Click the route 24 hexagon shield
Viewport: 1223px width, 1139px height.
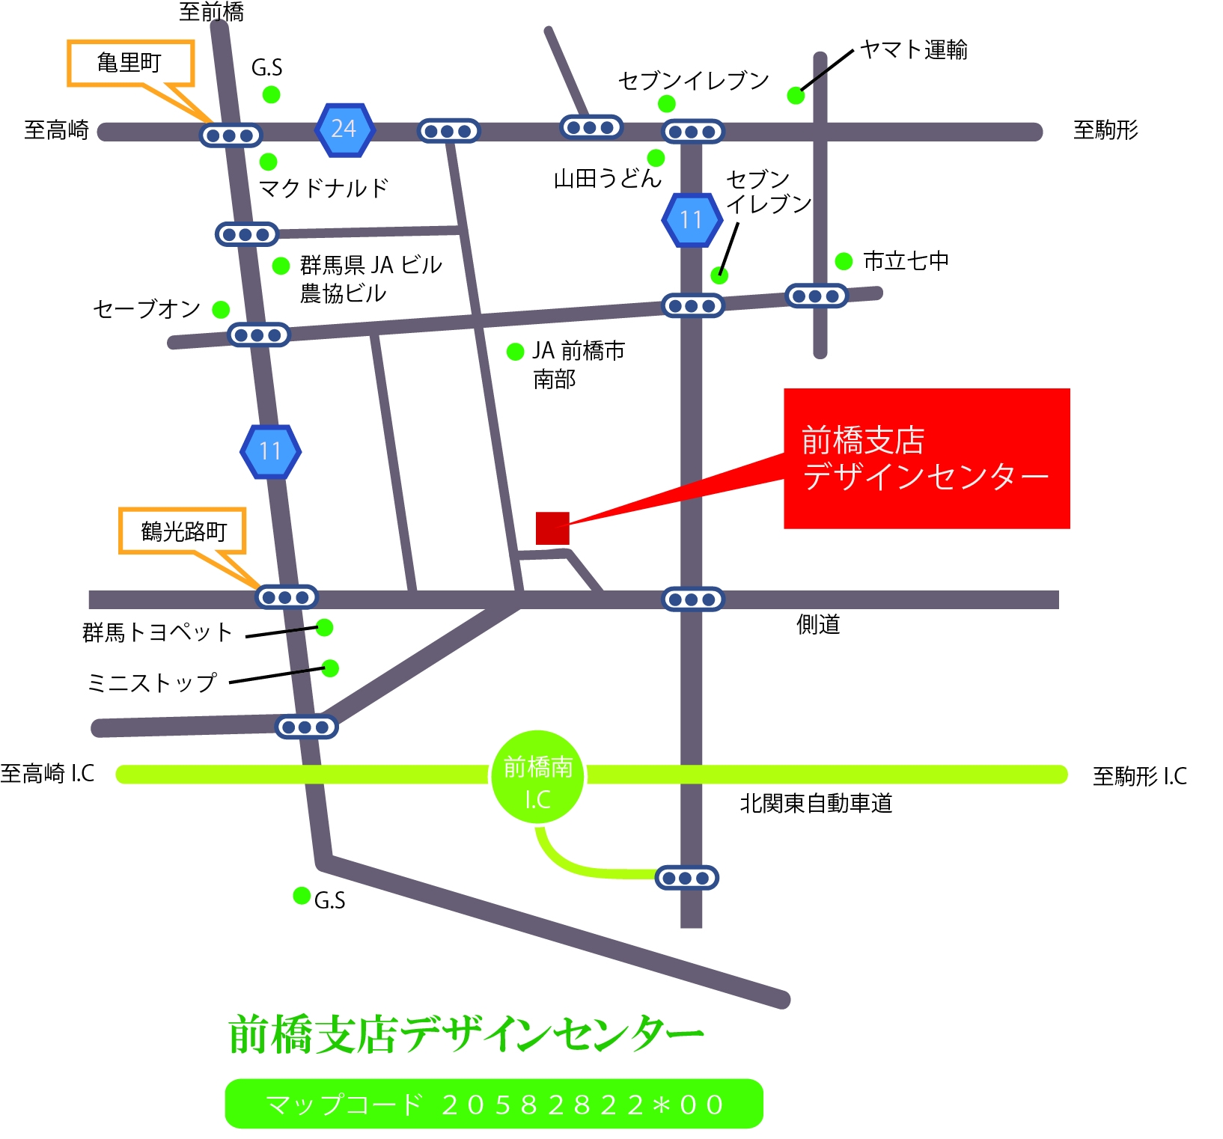(x=344, y=129)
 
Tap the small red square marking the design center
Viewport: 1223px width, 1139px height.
(x=552, y=528)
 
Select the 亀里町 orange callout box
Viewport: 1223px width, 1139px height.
(x=131, y=63)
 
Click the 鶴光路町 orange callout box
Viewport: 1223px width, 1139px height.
(x=183, y=531)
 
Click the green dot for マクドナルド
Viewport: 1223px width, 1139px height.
(x=268, y=162)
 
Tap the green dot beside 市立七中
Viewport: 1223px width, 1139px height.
(x=844, y=261)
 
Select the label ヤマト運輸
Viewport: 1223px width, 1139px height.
(x=914, y=50)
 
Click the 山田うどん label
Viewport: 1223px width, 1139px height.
(x=607, y=179)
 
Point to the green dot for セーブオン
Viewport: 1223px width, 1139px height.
(x=221, y=310)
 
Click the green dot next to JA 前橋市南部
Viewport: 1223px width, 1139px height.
(x=515, y=352)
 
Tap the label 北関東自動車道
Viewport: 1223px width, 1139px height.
(x=816, y=804)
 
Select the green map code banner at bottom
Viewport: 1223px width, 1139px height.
(x=494, y=1104)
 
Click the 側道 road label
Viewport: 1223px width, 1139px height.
(x=818, y=624)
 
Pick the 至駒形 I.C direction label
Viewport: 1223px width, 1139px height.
(x=1139, y=776)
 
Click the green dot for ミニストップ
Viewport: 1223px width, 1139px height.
(x=330, y=668)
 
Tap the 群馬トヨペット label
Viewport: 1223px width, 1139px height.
(x=158, y=633)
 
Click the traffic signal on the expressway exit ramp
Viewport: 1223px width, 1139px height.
(x=686, y=878)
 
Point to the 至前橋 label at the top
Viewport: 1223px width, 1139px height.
(x=212, y=12)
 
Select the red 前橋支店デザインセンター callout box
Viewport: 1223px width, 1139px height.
(x=927, y=458)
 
